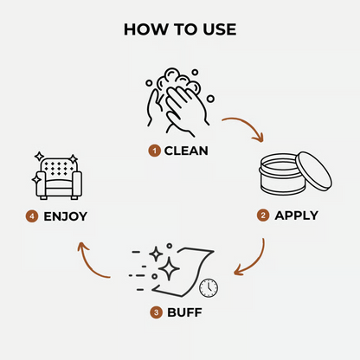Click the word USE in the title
220,29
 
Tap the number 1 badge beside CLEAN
155,151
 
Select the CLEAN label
186,151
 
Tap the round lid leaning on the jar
314,170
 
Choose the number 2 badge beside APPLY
263,215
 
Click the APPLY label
296,215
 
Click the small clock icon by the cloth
209,288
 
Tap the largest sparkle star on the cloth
169,269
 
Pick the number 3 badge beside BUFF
156,312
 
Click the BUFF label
184,312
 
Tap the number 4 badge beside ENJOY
32,216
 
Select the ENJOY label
65,216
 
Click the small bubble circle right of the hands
211,99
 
